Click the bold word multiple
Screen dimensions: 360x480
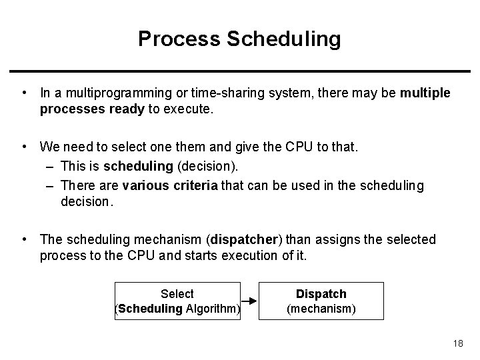pyautogui.click(x=425, y=93)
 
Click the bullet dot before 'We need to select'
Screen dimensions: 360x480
pyautogui.click(x=23, y=145)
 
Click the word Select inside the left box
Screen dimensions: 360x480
pyautogui.click(x=177, y=294)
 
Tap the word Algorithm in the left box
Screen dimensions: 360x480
pyautogui.click(x=212, y=309)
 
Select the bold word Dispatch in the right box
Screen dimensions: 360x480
pyautogui.click(x=321, y=294)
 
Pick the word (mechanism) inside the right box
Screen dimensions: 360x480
pyautogui.click(x=321, y=309)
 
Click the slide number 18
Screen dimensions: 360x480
pyautogui.click(x=457, y=343)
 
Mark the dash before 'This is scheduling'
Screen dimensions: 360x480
pyautogui.click(x=52, y=165)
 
